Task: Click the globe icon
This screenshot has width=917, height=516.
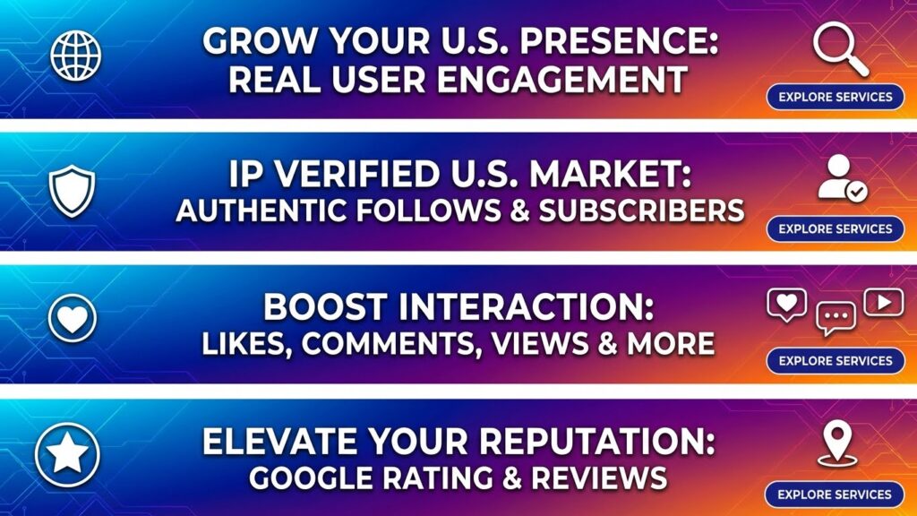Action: point(75,56)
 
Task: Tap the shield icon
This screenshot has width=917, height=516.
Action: point(72,191)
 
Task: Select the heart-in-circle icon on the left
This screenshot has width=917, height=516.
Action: point(72,318)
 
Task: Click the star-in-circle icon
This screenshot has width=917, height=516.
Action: point(67,454)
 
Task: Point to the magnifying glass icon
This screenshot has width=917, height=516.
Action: point(840,49)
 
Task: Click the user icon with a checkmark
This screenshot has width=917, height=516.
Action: point(842,178)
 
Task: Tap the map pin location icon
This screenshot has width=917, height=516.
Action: point(837,445)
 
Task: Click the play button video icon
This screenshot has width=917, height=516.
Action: point(883,302)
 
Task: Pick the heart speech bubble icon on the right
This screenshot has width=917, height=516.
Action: point(786,305)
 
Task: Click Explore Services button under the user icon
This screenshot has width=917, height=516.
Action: point(836,228)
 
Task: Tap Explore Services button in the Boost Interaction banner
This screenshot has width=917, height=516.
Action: point(836,361)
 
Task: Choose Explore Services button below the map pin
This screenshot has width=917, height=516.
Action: point(835,494)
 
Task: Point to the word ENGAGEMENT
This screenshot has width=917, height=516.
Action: point(562,80)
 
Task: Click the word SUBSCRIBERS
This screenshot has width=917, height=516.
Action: point(641,211)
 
